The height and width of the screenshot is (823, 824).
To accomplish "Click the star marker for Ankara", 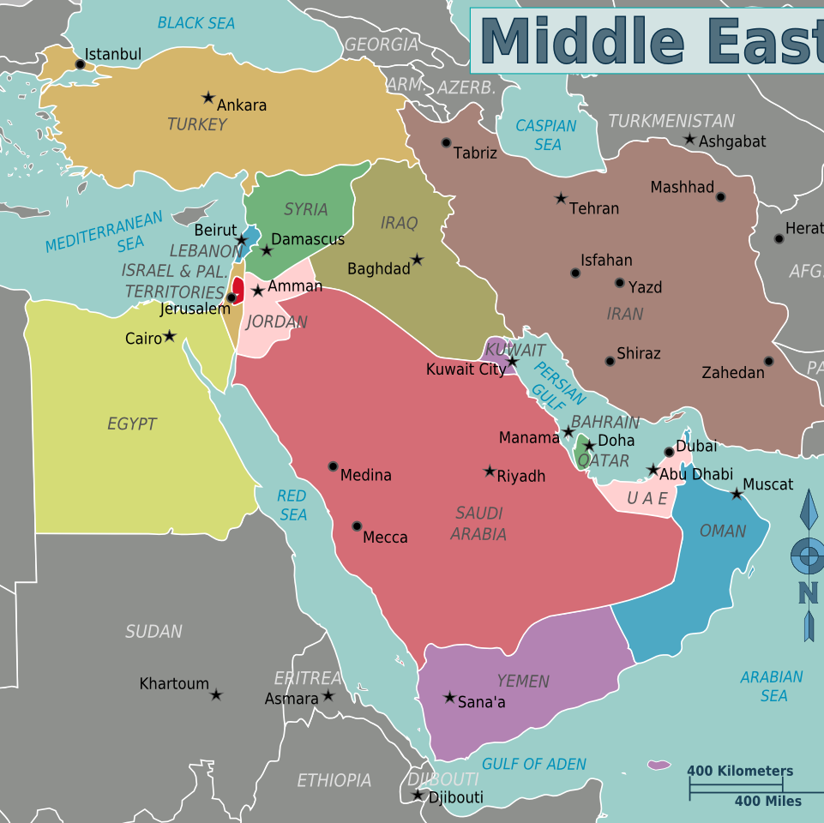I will [x=208, y=98].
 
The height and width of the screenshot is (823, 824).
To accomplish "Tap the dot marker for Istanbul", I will [x=81, y=64].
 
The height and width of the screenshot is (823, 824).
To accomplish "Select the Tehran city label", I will [x=593, y=208].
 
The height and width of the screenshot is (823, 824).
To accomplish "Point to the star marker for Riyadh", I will [x=490, y=472].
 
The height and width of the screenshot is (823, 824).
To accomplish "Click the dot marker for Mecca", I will [x=357, y=526].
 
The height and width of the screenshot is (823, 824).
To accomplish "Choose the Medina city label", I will [x=365, y=475].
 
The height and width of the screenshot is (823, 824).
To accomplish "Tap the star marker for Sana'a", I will [x=449, y=698].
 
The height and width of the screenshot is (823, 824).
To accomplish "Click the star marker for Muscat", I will [x=737, y=494].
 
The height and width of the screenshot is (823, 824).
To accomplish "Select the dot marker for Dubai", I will [x=670, y=452].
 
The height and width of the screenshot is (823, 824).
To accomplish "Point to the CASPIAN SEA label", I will [x=546, y=135].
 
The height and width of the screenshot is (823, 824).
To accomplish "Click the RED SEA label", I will [x=292, y=505].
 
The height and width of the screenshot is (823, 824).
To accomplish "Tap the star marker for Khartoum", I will [x=216, y=694].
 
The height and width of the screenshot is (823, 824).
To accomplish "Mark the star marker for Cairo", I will [x=170, y=336].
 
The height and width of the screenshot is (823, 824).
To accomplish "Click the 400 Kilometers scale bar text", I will [x=740, y=771].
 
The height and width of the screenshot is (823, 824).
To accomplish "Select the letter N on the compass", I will [x=808, y=592].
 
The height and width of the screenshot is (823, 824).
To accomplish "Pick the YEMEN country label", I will [x=523, y=682].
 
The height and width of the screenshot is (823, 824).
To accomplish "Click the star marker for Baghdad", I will [x=418, y=260].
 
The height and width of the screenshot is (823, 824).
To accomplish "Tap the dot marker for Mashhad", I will [x=720, y=197].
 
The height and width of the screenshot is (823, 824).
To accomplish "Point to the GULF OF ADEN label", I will [x=534, y=764].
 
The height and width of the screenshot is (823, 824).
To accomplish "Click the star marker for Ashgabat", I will [x=689, y=139].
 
